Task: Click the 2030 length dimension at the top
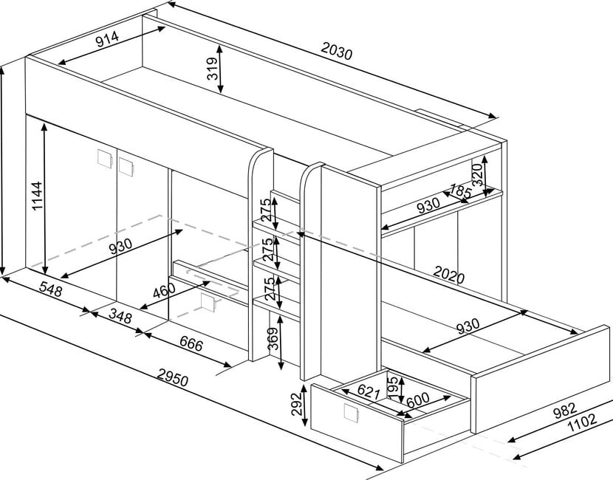pyautogui.click(x=338, y=53)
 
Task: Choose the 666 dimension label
pyautogui.click(x=191, y=343)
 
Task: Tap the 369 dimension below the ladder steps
pyautogui.click(x=273, y=339)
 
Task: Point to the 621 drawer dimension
pyautogui.click(x=369, y=389)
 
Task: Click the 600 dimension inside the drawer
pyautogui.click(x=417, y=399)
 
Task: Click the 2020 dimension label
pyautogui.click(x=448, y=277)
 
